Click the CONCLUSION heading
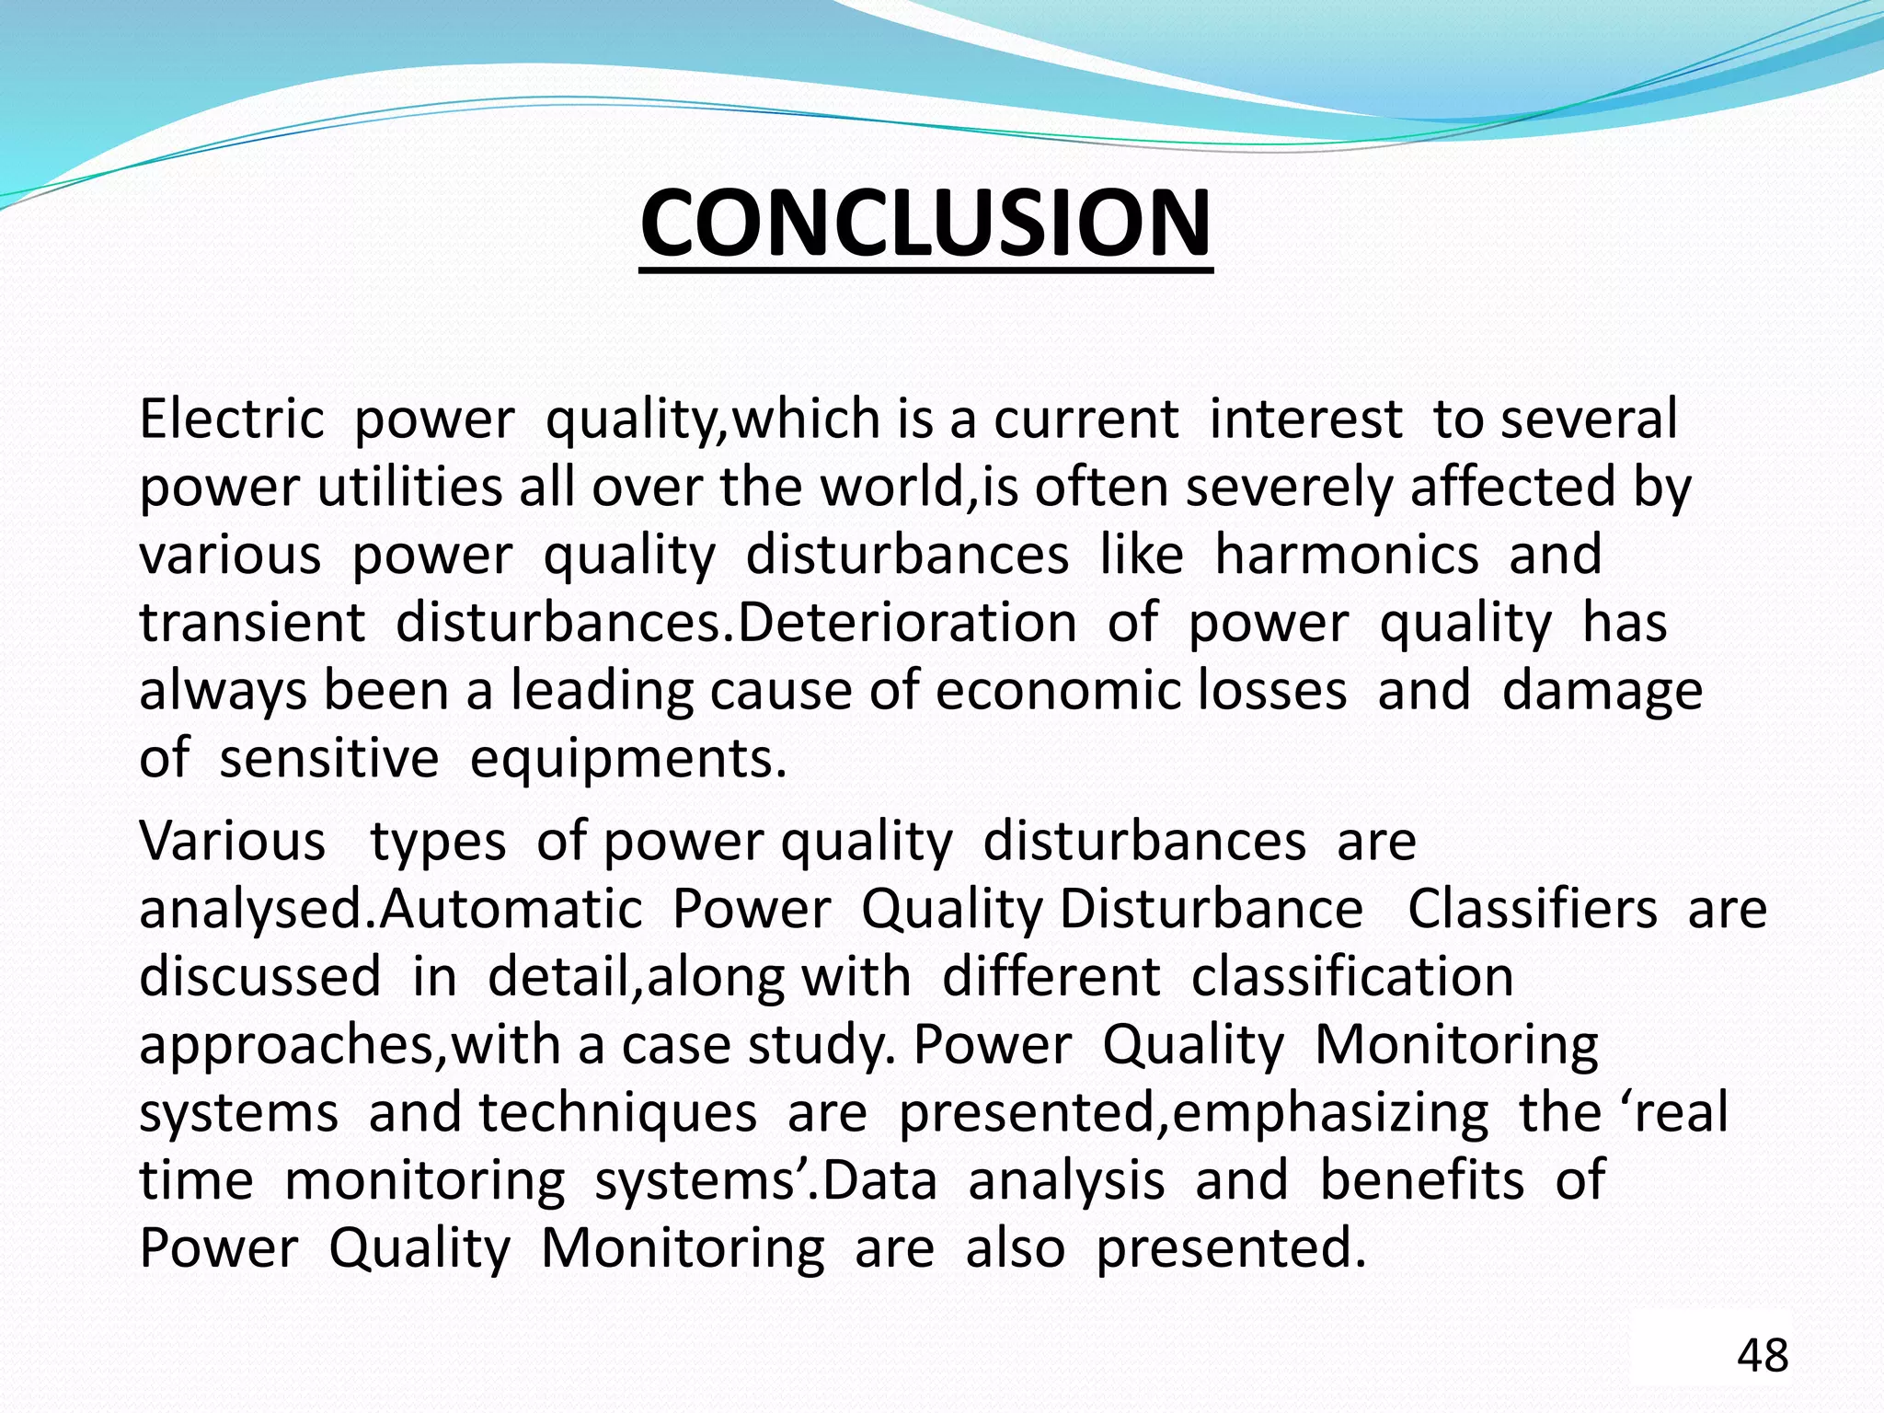[x=925, y=224]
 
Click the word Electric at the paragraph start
[x=231, y=419]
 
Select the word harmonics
[x=1347, y=555]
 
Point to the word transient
[x=252, y=623]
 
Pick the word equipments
[x=628, y=760]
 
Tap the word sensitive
[x=328, y=760]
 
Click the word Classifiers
[x=1532, y=909]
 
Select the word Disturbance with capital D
[x=1211, y=909]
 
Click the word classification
[x=1352, y=977]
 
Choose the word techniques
[x=617, y=1113]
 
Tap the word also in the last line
[x=1015, y=1248]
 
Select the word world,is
[x=919, y=487]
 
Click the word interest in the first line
[x=1305, y=419]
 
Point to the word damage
[x=1602, y=692]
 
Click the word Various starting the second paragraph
[x=232, y=841]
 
